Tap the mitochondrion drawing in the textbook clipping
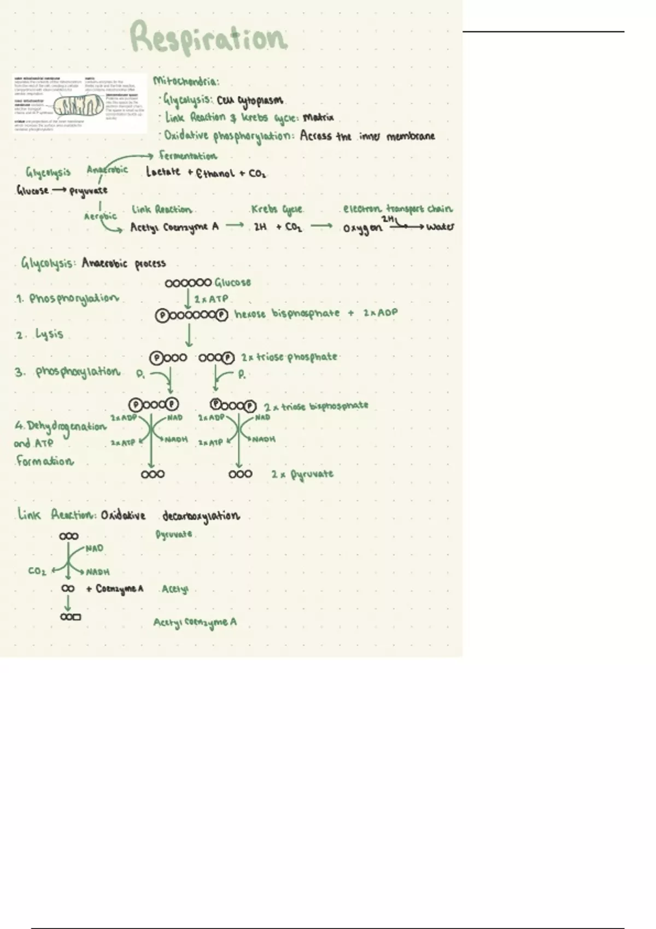[80, 105]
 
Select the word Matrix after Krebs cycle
[318, 117]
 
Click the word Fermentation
[188, 156]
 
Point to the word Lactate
[163, 172]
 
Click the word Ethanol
[215, 173]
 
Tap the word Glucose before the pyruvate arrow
[33, 191]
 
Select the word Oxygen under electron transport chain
[362, 228]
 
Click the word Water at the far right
[440, 227]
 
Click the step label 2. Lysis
[40, 334]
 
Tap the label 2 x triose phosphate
[289, 357]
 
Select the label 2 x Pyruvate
[302, 474]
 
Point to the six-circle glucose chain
[188, 283]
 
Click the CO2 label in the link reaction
[38, 571]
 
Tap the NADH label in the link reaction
[98, 572]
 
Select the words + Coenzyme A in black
[115, 589]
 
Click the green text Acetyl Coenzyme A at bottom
[195, 622]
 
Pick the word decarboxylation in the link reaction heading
[201, 516]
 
